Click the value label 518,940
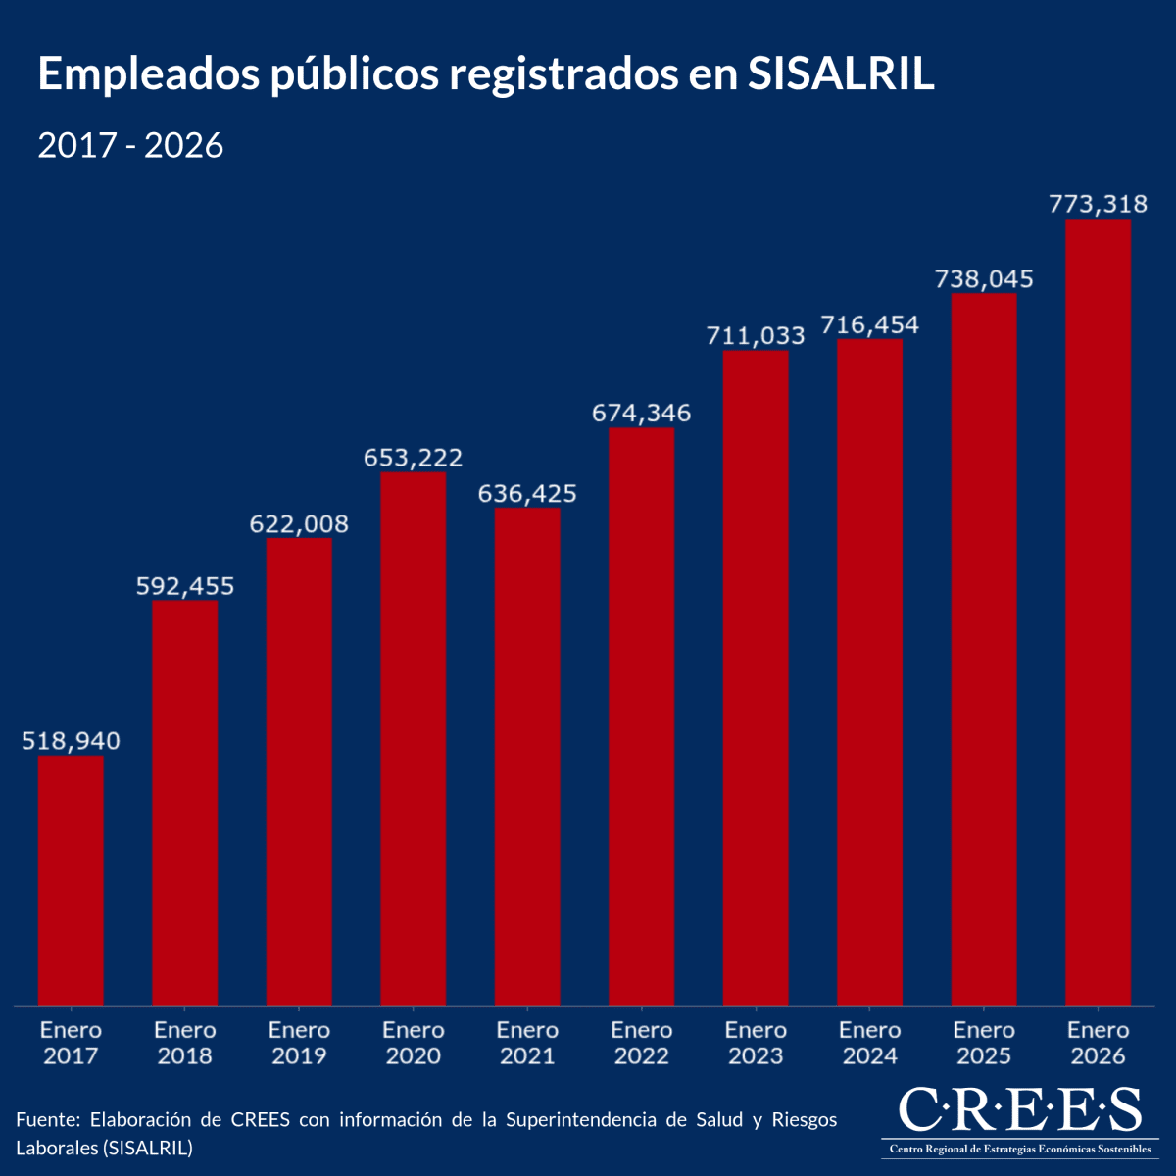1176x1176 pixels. (x=71, y=741)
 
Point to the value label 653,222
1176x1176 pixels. (x=413, y=458)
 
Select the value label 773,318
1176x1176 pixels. (x=1098, y=204)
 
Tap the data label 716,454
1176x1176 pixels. (x=869, y=324)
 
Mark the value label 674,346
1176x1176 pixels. (x=641, y=414)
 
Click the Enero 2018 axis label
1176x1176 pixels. (x=184, y=1043)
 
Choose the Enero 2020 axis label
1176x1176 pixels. (x=413, y=1043)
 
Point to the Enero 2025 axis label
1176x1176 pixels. (x=984, y=1043)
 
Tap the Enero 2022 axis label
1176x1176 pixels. (x=641, y=1043)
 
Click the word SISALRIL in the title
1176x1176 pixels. (x=840, y=75)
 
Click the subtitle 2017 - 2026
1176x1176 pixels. (x=130, y=146)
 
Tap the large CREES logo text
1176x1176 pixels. (x=1019, y=1110)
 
